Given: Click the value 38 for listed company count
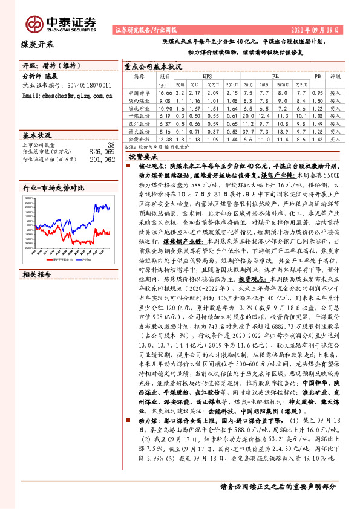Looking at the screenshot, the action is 111,145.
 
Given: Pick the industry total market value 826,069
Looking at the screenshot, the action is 102,152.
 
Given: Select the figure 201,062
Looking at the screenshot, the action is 102,160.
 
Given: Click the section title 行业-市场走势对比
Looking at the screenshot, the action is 54,189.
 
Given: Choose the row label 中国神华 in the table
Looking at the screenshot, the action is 139,93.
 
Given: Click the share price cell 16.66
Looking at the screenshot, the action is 166,93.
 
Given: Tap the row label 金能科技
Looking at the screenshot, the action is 139,139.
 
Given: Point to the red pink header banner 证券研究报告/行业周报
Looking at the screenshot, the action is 142,30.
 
